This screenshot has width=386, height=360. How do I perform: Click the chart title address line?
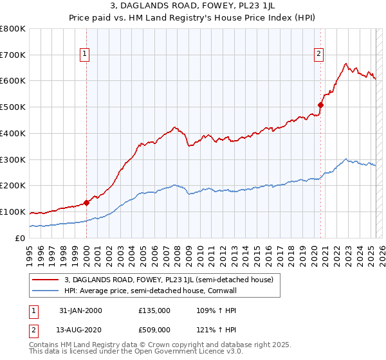[x=193, y=6]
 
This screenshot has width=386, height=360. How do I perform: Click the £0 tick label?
[x=21, y=238]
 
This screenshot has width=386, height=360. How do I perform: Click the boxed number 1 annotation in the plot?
[x=86, y=55]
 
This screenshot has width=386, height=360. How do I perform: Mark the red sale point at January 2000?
[x=86, y=203]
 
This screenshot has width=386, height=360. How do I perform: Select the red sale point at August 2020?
[x=320, y=105]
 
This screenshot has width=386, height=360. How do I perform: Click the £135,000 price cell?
[x=154, y=310]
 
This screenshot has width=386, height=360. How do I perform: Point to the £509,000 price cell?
[x=154, y=330]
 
